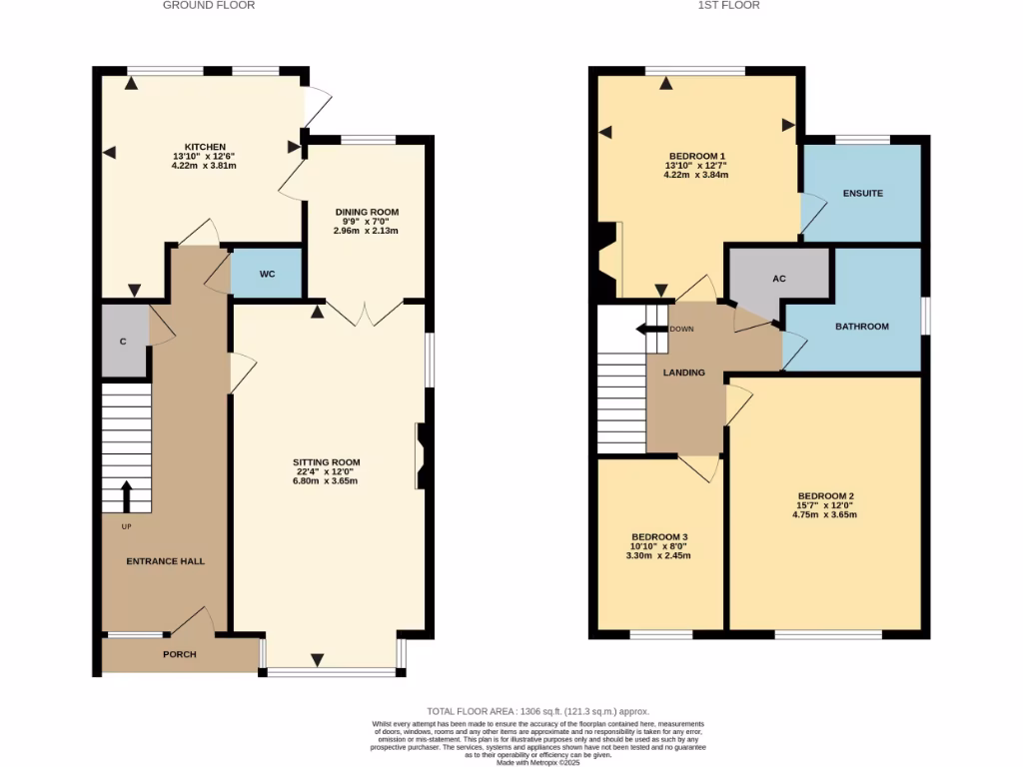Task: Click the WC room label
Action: pyautogui.click(x=266, y=275)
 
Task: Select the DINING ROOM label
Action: pyautogui.click(x=366, y=212)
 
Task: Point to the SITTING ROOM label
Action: pyautogui.click(x=326, y=462)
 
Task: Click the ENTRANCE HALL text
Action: pyautogui.click(x=165, y=561)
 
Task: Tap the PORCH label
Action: pyautogui.click(x=180, y=655)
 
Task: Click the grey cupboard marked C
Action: pyautogui.click(x=124, y=342)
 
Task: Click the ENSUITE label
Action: pyautogui.click(x=862, y=193)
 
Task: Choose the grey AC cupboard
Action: pyautogui.click(x=779, y=279)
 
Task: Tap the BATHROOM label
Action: pyautogui.click(x=861, y=327)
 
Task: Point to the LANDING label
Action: pyautogui.click(x=684, y=373)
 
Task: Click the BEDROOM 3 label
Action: pyautogui.click(x=658, y=536)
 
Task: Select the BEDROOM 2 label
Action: pyautogui.click(x=825, y=496)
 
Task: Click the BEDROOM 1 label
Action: pyautogui.click(x=696, y=156)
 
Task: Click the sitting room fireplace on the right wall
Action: pyautogui.click(x=423, y=456)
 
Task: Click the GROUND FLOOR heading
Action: pyautogui.click(x=209, y=6)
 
